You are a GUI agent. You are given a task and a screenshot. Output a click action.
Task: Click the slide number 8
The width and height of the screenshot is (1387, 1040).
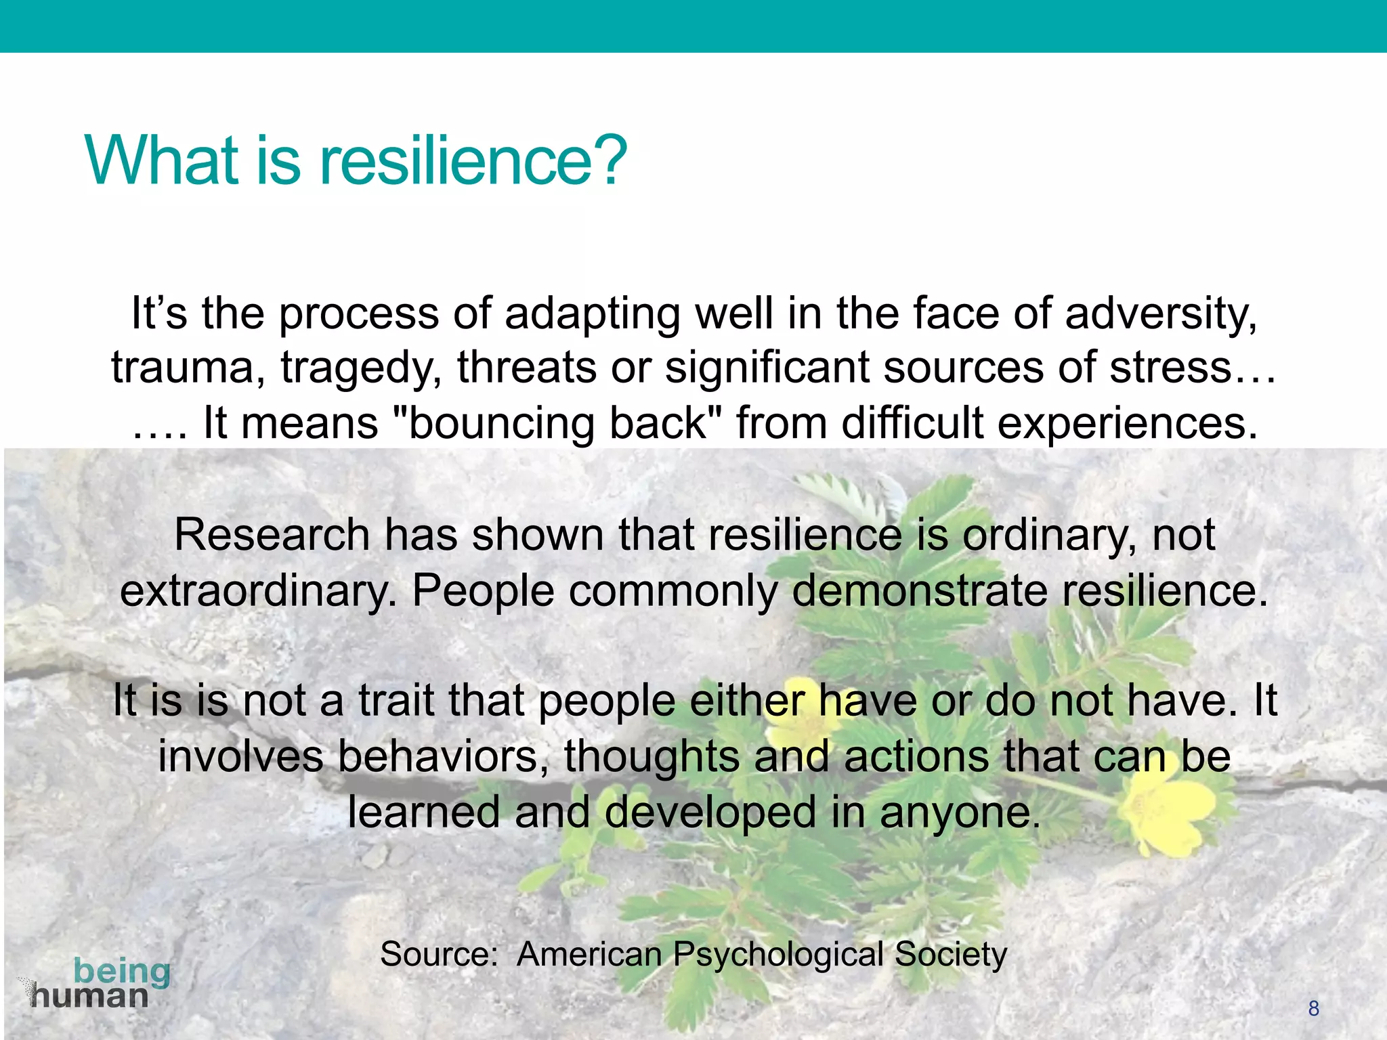click(1313, 1008)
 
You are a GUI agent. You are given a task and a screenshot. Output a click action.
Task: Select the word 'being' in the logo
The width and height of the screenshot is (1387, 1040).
click(122, 972)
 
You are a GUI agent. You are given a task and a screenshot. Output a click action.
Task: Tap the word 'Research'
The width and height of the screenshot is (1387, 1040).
click(272, 535)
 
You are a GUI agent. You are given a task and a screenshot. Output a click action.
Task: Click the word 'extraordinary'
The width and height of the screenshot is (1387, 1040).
click(257, 591)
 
